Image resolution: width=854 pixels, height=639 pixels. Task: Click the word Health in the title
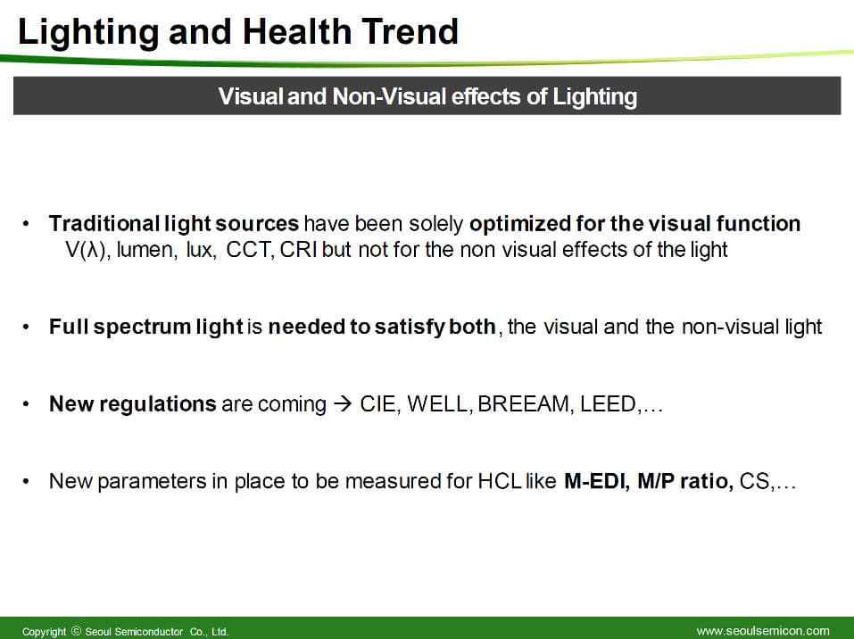(x=296, y=31)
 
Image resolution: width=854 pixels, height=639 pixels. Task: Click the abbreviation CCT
(x=250, y=250)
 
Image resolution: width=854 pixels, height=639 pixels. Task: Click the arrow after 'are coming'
(x=343, y=404)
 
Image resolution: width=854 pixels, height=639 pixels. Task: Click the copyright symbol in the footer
(x=76, y=631)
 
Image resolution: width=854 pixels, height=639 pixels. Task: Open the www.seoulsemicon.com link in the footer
(x=762, y=631)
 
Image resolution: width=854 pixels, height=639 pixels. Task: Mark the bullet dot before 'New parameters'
(x=26, y=482)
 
